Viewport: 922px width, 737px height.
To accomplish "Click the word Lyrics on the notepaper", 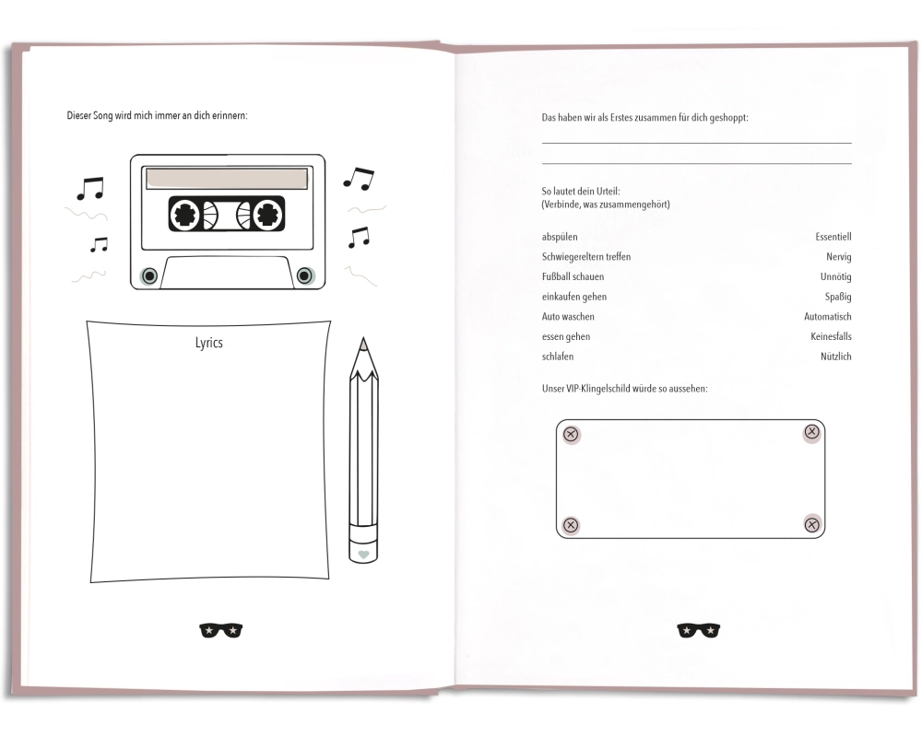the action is click(x=208, y=344).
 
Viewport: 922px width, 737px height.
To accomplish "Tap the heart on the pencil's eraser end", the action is click(x=363, y=555).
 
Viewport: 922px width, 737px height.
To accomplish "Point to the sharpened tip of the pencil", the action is click(x=363, y=340).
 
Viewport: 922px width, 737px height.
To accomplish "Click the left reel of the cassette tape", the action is click(x=185, y=215).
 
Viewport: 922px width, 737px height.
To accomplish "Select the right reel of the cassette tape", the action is click(x=267, y=215).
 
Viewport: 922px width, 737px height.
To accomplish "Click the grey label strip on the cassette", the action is click(x=227, y=179).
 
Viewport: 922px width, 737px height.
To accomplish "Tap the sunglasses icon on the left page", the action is click(x=221, y=630).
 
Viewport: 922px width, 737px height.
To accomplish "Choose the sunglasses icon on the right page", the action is click(x=699, y=630).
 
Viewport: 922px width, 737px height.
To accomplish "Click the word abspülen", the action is click(x=560, y=237).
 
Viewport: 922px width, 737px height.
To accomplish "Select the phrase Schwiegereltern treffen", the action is click(x=586, y=257).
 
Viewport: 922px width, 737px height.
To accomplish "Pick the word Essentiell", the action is click(x=833, y=237).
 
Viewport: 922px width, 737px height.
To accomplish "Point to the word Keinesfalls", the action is click(x=831, y=336).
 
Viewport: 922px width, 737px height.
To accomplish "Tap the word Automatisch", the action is click(x=828, y=316).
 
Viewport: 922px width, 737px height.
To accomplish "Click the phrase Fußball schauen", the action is click(x=573, y=276).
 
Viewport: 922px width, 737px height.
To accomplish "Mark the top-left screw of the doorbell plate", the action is click(x=571, y=434).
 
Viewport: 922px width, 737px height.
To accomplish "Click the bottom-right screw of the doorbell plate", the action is click(x=812, y=524).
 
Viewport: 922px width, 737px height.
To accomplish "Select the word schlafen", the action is click(x=558, y=357).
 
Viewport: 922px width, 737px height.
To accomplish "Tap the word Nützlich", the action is click(x=836, y=357).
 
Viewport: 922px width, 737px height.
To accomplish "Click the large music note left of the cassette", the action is click(x=90, y=188).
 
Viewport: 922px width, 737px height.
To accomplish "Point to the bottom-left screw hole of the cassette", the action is click(x=149, y=275).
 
